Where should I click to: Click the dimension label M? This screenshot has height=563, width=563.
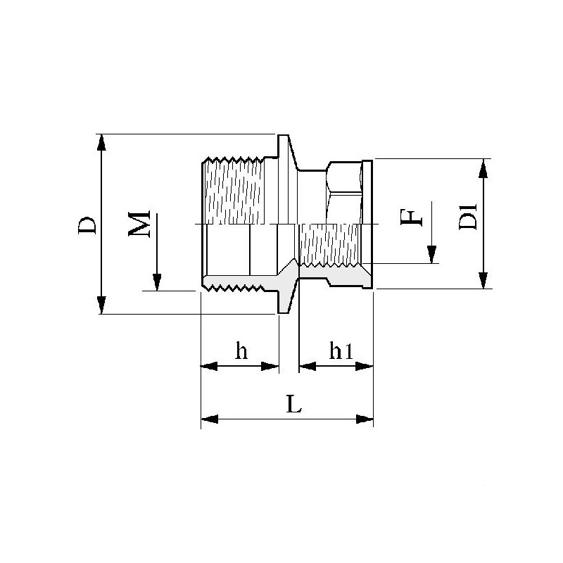pos(141,223)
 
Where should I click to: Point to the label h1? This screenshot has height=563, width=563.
pos(341,351)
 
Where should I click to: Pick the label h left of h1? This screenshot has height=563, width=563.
pos(241,351)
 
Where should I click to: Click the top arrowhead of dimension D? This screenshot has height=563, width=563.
pos(102,141)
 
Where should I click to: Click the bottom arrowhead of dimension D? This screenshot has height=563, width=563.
pos(102,305)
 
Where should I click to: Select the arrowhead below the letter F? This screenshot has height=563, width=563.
pos(432,255)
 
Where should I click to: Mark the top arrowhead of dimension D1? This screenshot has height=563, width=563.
pos(483,167)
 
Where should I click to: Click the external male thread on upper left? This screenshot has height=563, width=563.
pos(232,190)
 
